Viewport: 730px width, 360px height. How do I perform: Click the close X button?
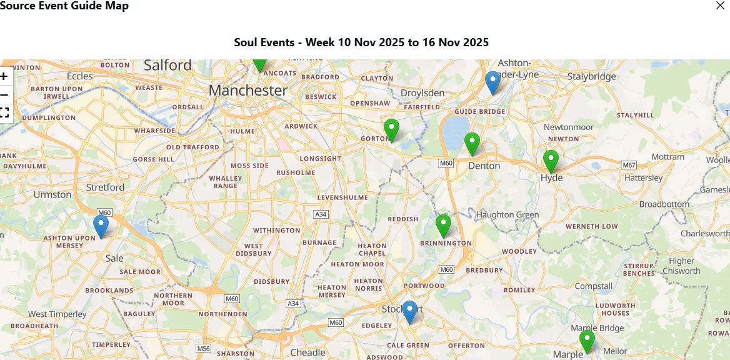point(721,6)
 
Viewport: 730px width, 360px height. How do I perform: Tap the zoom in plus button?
point(4,76)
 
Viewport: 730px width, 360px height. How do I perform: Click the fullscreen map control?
point(4,112)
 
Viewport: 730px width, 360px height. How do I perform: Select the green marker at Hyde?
point(551,161)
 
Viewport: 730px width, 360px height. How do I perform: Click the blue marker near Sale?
point(101,226)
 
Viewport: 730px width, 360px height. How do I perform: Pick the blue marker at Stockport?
point(409,311)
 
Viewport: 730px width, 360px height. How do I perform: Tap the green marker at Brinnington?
point(443,225)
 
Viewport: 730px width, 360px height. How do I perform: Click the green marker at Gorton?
point(391,129)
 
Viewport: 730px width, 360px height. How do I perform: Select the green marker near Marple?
point(587,341)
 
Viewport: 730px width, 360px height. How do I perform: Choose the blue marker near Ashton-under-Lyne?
point(493,82)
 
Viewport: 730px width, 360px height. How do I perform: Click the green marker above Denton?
point(472,143)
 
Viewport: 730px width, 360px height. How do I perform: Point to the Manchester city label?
point(248,91)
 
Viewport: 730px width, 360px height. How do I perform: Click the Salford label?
point(167,65)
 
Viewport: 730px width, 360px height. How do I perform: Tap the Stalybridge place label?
point(591,76)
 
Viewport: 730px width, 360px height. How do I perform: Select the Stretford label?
point(106,187)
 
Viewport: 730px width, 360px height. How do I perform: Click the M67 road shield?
point(629,165)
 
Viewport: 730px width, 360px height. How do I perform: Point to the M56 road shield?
point(203,348)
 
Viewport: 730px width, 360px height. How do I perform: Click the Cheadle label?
point(307,352)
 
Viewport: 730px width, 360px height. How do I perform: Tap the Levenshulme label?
point(342,197)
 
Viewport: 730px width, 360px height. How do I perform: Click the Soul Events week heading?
point(361,42)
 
